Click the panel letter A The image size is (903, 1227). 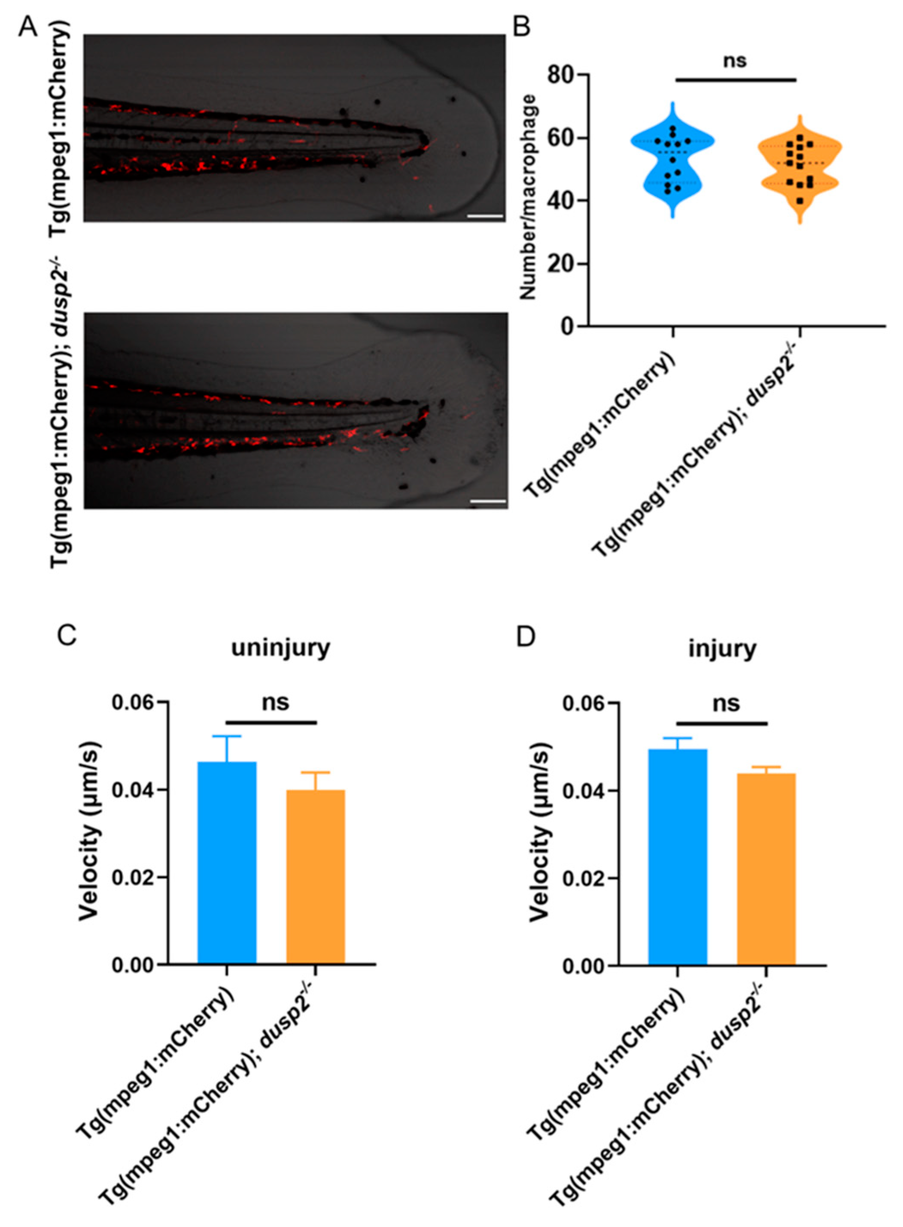(x=28, y=26)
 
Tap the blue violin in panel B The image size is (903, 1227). (x=673, y=164)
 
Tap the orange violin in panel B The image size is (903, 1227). (x=800, y=170)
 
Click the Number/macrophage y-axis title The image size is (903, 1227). (x=529, y=197)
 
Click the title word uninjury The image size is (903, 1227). (x=280, y=648)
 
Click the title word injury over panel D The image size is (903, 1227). (x=722, y=648)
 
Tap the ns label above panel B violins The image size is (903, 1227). (x=735, y=60)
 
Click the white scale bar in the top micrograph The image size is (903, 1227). (x=485, y=217)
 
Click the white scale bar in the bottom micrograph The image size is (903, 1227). (x=488, y=501)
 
